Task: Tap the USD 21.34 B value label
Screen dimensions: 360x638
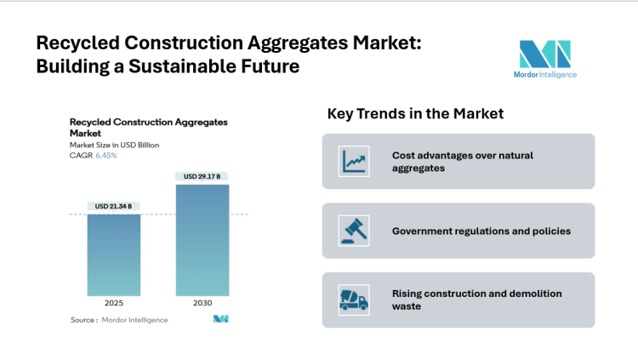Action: pos(113,206)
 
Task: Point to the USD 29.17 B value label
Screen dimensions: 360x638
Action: pos(202,176)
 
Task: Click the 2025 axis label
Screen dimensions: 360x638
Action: pos(113,303)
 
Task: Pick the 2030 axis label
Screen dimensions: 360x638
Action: pos(202,303)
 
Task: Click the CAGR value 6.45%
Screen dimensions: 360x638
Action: pos(106,155)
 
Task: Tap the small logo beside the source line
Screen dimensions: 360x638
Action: pos(221,319)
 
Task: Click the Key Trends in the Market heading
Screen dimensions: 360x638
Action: pos(415,113)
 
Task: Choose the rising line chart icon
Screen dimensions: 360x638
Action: pos(353,161)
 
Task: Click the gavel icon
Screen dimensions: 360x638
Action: pos(353,231)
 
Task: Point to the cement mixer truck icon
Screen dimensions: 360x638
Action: pos(353,300)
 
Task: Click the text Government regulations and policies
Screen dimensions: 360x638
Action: pos(481,231)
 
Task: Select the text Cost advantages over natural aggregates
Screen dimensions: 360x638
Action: pos(470,162)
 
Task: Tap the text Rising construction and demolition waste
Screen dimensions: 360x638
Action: pos(476,300)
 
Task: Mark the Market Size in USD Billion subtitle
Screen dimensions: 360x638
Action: pos(114,145)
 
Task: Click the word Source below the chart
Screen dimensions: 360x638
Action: pos(83,320)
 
